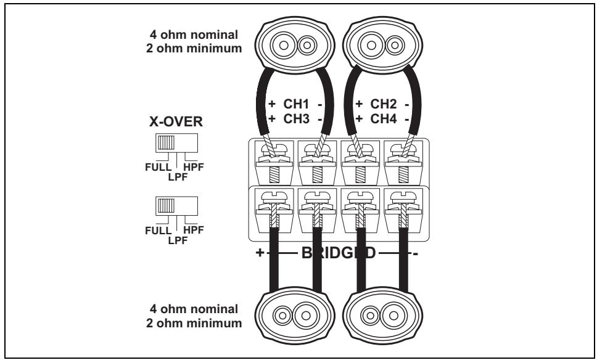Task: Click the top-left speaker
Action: tap(284, 45)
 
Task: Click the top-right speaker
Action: tap(377, 45)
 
